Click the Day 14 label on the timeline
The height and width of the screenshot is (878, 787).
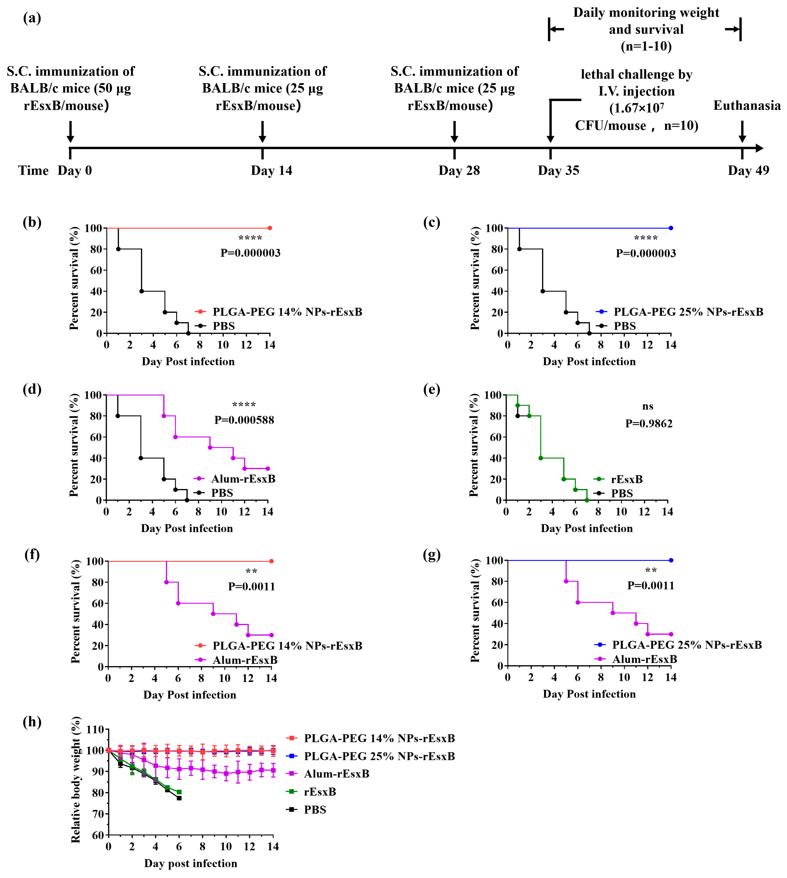pos(271,170)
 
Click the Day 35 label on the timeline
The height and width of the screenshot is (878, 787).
pos(558,170)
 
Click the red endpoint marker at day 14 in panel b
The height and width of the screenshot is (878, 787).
pos(270,228)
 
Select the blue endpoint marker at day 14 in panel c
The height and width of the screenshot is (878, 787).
pos(671,228)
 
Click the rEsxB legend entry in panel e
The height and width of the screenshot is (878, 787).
pos(626,479)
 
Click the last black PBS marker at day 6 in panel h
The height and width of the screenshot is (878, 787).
pos(179,798)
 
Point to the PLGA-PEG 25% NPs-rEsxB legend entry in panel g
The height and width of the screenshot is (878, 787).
pos(687,645)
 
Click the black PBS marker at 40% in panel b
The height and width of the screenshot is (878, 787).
pos(141,291)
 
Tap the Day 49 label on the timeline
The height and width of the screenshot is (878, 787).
pos(748,170)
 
